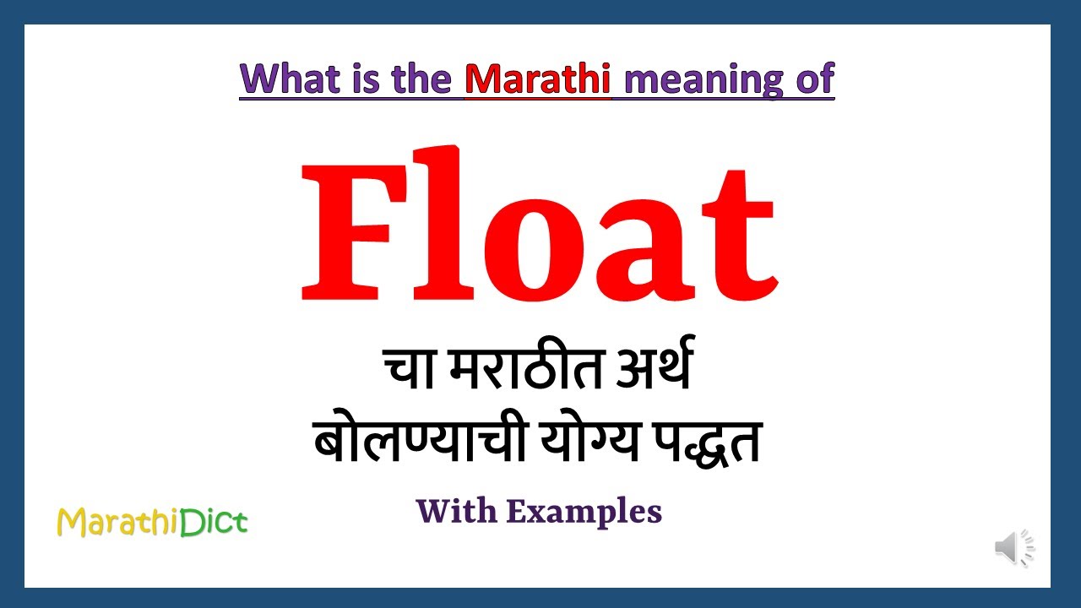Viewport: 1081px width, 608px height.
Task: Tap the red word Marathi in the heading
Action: [537, 79]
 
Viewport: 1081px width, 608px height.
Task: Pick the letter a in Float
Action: [645, 245]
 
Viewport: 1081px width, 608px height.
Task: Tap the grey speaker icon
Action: [1013, 548]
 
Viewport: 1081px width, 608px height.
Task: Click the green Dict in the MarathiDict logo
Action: [214, 522]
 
